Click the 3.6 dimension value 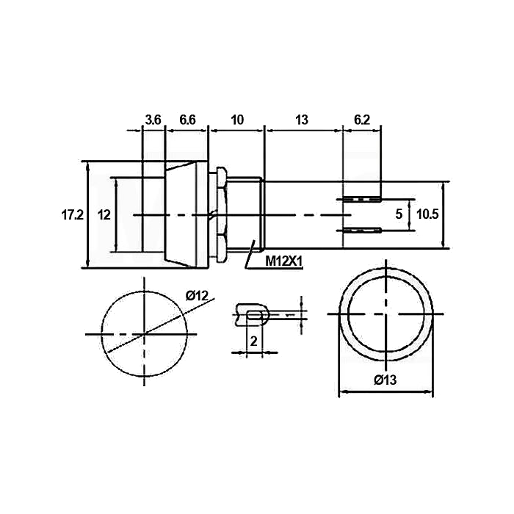(153, 120)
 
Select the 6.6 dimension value (187, 120)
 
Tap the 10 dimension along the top (237, 120)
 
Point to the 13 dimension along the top (302, 120)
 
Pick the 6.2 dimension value (362, 120)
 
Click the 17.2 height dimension (73, 215)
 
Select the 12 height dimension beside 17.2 (104, 215)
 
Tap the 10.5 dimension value (427, 214)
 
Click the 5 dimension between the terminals (399, 214)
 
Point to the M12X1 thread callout (284, 261)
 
